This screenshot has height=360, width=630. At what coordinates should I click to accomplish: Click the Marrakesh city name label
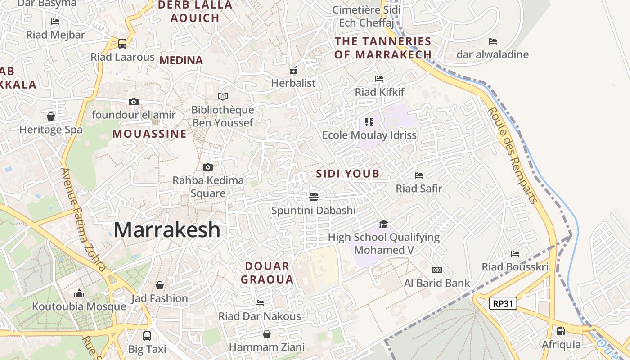point(167,230)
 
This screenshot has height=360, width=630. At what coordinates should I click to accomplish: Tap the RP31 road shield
point(503,303)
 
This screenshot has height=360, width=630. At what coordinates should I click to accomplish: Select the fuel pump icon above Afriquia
point(561,331)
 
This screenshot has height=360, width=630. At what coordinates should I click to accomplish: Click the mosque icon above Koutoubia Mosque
point(79,294)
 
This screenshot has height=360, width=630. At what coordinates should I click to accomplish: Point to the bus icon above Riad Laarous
point(122,44)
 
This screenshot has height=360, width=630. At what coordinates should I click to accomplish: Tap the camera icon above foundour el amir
point(133,102)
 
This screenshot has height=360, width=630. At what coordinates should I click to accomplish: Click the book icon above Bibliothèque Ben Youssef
point(223,96)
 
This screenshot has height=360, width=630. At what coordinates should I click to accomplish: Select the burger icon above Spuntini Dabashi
point(314,197)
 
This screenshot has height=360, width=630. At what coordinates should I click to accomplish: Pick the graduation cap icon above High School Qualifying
point(383,224)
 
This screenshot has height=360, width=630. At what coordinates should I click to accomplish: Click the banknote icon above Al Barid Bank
point(436,270)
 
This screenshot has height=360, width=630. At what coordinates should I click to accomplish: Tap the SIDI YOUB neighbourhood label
point(348,174)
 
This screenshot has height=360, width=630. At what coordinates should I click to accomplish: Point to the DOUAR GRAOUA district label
point(267,273)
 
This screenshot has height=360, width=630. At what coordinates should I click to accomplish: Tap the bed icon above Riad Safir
point(419,175)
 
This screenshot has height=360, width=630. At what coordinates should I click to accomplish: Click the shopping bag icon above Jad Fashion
point(160,285)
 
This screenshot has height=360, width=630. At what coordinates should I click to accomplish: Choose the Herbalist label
point(293,83)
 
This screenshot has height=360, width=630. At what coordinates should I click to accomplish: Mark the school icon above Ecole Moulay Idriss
point(369,121)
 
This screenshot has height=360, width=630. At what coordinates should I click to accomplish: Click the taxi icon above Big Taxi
point(147,336)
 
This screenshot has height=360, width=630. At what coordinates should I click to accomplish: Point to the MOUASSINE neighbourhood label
point(149,134)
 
